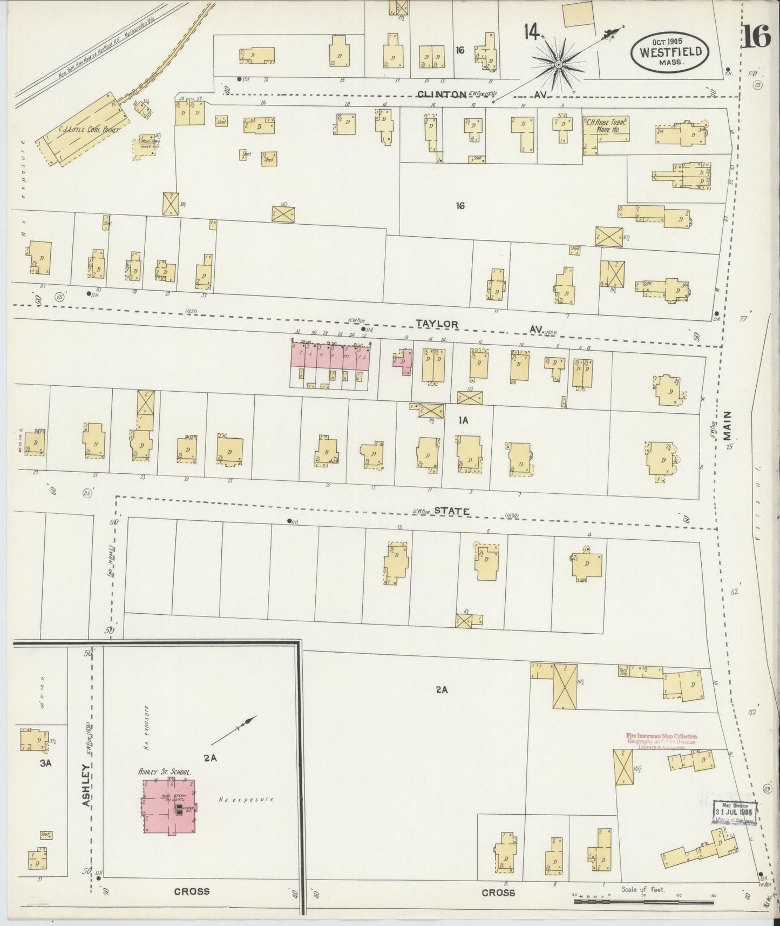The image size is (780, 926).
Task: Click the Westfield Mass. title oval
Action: click(671, 52)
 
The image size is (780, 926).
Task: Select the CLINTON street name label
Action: click(442, 95)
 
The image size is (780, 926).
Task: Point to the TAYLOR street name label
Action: click(437, 324)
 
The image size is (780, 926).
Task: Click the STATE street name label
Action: click(451, 511)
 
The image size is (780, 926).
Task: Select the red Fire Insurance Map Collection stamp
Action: click(661, 740)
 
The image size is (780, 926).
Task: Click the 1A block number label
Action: click(462, 419)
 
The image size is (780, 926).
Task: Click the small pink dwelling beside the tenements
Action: click(403, 360)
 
